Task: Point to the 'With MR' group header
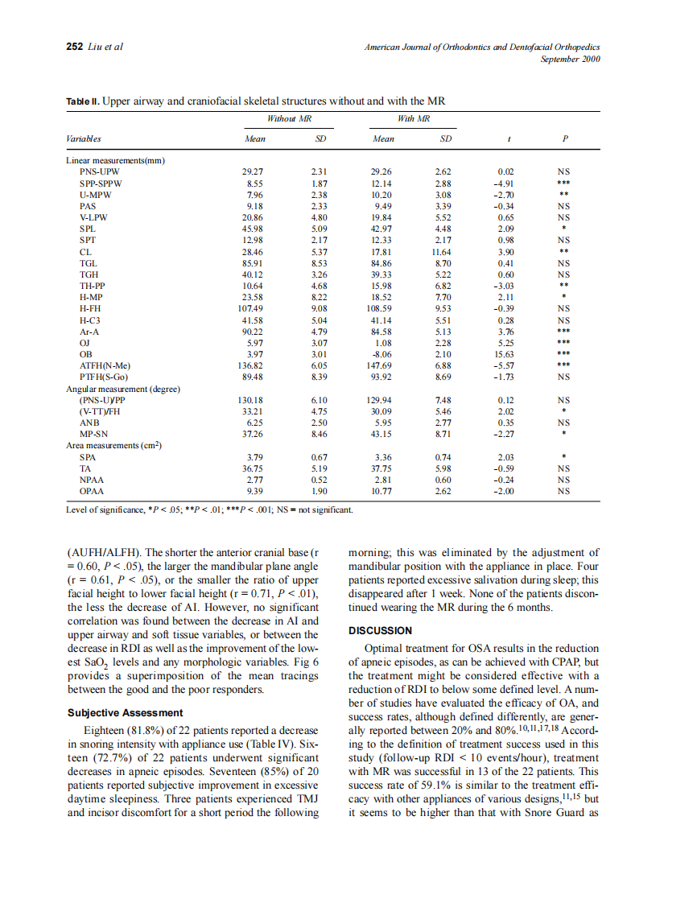coord(414,118)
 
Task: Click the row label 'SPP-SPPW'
coord(100,183)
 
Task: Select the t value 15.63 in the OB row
coord(505,353)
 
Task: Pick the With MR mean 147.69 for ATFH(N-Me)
coord(383,365)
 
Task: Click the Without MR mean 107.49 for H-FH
coord(253,308)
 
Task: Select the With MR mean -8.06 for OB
coord(383,353)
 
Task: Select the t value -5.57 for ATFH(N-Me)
coord(505,365)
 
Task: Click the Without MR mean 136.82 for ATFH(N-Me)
coord(253,365)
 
